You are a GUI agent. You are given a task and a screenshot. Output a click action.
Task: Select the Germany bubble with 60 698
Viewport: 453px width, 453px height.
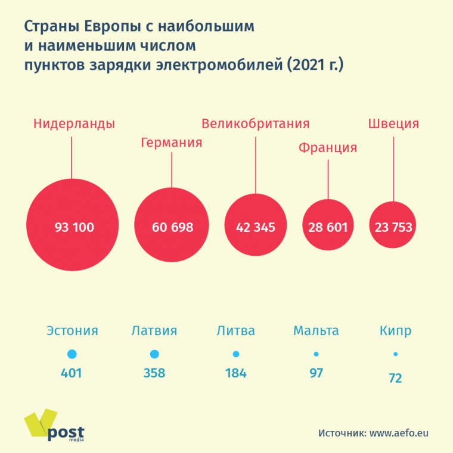pyautogui.click(x=172, y=225)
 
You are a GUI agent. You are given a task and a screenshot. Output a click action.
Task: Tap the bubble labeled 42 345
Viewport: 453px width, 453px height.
pyautogui.click(x=255, y=225)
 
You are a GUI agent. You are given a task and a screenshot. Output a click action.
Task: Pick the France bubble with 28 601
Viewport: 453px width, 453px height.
pyautogui.click(x=328, y=225)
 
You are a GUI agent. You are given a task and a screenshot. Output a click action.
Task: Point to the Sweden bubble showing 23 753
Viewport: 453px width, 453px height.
pyautogui.click(x=393, y=225)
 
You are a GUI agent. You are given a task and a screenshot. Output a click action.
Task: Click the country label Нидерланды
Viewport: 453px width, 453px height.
pyautogui.click(x=74, y=124)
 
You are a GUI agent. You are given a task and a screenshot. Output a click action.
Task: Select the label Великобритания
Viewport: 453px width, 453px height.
pyautogui.click(x=255, y=124)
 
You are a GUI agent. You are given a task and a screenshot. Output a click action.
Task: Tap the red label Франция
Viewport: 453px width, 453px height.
pyautogui.click(x=327, y=147)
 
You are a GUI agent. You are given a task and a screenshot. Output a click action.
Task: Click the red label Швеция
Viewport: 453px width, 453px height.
pyautogui.click(x=393, y=124)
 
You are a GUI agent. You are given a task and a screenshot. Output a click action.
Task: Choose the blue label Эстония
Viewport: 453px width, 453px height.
pyautogui.click(x=72, y=331)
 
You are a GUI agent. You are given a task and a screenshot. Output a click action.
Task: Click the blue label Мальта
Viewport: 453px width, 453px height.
pyautogui.click(x=316, y=331)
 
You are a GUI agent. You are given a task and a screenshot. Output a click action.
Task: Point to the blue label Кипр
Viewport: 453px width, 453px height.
pyautogui.click(x=395, y=331)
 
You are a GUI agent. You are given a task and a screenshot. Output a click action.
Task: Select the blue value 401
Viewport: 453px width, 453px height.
pyautogui.click(x=71, y=374)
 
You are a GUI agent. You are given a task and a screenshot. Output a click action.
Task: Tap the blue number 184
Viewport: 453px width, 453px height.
pyautogui.click(x=235, y=374)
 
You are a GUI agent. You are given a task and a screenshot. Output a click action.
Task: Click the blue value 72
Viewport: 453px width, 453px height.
pyautogui.click(x=395, y=378)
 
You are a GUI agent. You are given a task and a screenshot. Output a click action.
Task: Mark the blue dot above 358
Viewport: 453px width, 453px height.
pyautogui.click(x=154, y=354)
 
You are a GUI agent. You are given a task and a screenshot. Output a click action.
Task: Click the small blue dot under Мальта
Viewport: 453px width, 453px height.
pyautogui.click(x=316, y=354)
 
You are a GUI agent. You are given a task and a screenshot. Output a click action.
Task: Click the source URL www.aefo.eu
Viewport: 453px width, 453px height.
pyautogui.click(x=399, y=433)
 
